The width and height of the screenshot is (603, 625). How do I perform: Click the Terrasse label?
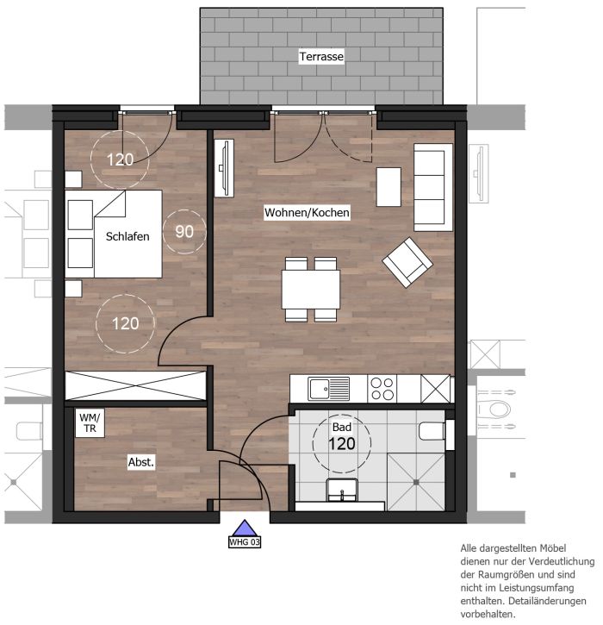pos(321,56)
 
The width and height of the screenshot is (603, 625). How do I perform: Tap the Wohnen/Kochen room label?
pos(307,212)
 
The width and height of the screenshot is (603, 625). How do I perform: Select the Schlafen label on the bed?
pos(127,236)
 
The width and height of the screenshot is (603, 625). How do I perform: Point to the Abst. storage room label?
pos(141,462)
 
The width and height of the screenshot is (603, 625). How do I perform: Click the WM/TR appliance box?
pos(90,423)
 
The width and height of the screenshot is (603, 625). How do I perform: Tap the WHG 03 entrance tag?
pos(245,542)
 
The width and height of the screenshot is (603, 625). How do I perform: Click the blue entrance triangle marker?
pos(245,528)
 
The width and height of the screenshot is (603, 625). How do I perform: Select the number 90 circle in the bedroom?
pos(184,232)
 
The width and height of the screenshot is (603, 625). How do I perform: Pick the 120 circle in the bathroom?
pos(342,443)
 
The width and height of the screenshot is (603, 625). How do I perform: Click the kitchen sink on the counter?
pos(328,389)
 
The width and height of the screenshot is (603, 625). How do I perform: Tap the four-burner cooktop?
pos(382,389)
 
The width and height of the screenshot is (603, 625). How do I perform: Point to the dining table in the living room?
pos(311,290)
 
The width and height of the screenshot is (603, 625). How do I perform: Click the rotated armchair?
pos(407,262)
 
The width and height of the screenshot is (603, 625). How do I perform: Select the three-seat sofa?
pos(433,187)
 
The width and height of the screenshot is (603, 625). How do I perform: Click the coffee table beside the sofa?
pos(389,187)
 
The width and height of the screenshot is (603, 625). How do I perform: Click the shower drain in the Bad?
pos(416,482)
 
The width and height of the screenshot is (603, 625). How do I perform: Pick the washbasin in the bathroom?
pos(342,490)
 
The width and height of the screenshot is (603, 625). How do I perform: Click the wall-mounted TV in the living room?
pos(224,168)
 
